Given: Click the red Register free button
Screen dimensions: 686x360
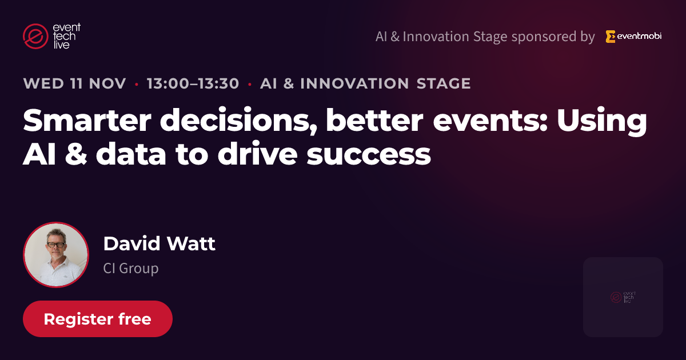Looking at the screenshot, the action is (x=98, y=319).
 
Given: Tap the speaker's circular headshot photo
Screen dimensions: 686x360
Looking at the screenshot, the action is (x=56, y=255).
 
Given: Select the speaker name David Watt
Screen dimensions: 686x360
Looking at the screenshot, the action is (x=159, y=243).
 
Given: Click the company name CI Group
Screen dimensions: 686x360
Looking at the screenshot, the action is (x=131, y=268).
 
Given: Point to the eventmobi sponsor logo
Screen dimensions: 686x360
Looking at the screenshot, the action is (x=633, y=37).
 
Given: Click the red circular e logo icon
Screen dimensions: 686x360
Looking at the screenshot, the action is (x=35, y=36).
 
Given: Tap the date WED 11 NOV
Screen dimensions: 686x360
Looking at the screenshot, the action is (x=74, y=83).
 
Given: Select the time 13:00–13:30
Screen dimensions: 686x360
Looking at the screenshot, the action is (x=193, y=83).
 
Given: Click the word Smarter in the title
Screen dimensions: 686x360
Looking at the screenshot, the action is (x=87, y=120).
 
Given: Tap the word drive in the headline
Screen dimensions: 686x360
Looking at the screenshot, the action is (x=258, y=153).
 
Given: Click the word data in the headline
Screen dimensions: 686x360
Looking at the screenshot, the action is (x=131, y=153).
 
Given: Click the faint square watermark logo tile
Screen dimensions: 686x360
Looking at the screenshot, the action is (x=623, y=297).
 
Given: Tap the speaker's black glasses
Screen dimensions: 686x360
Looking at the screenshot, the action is (x=56, y=245).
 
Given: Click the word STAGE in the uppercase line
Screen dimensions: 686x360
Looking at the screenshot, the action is (x=444, y=83).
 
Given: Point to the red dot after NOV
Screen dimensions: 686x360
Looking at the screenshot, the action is (x=137, y=84).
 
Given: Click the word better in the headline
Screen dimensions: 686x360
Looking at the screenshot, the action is (x=374, y=120).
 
